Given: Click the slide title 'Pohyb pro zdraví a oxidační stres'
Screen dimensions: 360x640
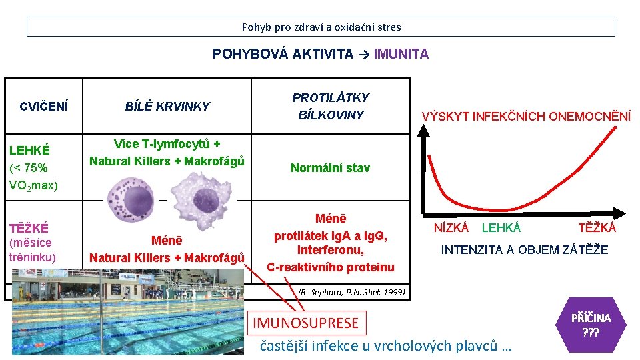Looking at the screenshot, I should point(321,27).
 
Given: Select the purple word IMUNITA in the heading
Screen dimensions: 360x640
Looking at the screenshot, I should point(401,54).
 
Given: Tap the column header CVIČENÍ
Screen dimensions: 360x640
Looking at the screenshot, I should point(43,107).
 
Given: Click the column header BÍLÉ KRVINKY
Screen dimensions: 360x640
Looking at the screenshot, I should point(167,107).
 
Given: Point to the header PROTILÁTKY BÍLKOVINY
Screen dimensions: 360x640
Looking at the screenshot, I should point(331,106).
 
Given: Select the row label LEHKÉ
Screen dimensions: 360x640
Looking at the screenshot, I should point(30,151).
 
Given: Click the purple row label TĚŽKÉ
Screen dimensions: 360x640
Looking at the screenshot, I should point(29,228).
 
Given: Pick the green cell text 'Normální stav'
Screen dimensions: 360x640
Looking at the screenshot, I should point(330,168).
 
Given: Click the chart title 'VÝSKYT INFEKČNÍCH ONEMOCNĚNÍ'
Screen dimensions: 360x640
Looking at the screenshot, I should point(526,117).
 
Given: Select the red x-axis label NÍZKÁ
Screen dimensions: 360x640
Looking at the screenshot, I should point(451,228).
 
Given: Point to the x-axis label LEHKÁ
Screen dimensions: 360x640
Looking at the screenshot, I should point(501,228).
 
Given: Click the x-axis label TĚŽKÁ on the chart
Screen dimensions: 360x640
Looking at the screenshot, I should point(597,228).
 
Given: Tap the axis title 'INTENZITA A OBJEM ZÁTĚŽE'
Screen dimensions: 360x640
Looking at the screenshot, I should point(525,250).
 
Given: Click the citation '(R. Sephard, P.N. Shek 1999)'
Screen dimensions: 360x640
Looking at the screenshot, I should point(351,291).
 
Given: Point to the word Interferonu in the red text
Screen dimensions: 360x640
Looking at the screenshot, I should point(331,251).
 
